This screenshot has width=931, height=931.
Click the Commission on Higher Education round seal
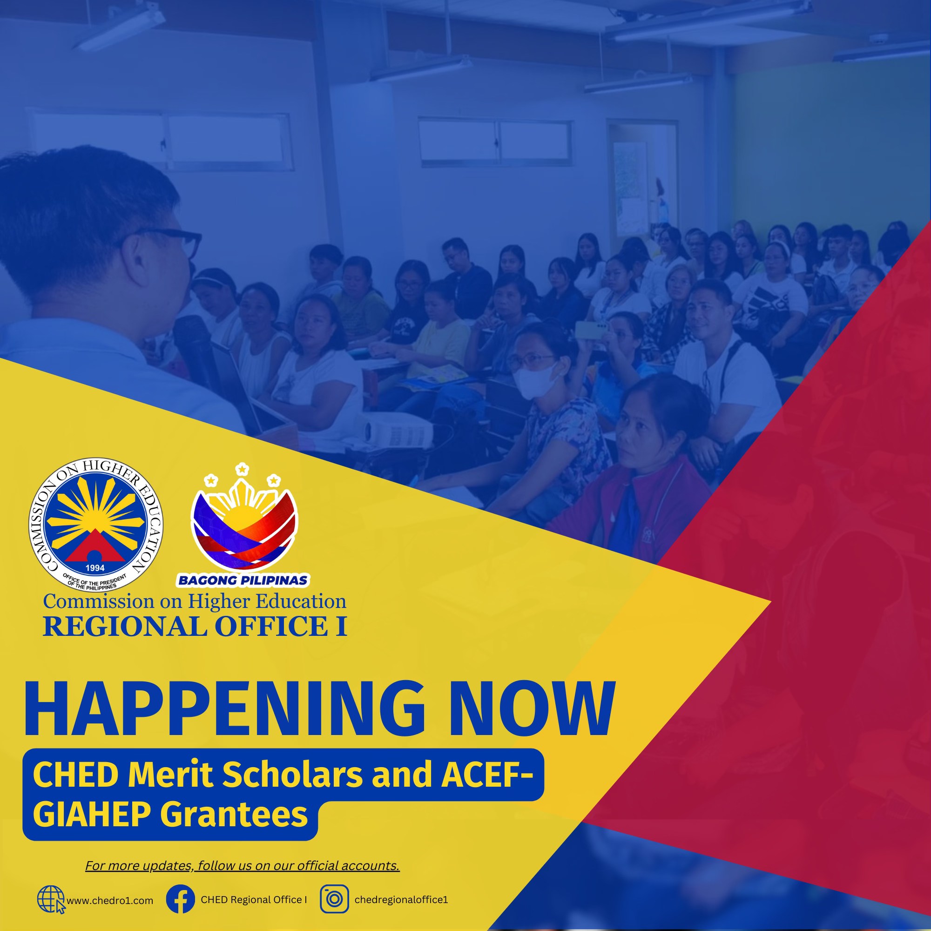point(95,525)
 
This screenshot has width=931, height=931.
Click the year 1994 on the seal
point(95,568)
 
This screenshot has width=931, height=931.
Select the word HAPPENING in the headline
point(224,709)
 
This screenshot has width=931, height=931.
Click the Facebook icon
point(180,899)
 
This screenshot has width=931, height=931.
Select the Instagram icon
point(334,899)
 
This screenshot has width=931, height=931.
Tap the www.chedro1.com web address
point(110,901)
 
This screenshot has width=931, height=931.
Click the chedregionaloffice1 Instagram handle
point(401,900)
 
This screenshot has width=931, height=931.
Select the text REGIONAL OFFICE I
point(195,627)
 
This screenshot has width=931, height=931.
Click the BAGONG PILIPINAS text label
point(243,580)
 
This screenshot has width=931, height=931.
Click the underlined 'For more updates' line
point(243,865)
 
